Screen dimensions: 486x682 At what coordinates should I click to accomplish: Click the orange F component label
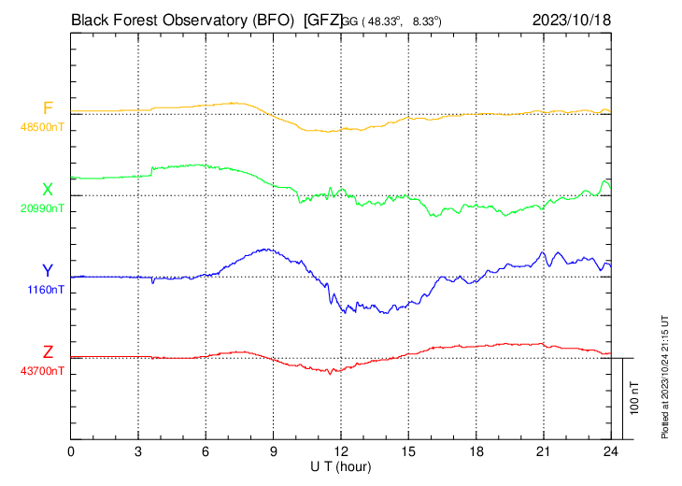[x=48, y=108]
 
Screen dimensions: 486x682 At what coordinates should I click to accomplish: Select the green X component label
[x=48, y=190]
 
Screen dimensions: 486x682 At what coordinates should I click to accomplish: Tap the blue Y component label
[x=48, y=271]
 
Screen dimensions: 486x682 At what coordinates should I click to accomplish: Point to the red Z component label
[x=48, y=352]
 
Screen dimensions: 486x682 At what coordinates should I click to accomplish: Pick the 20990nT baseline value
[x=43, y=207]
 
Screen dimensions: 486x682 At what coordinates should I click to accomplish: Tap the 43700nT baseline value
[x=43, y=371]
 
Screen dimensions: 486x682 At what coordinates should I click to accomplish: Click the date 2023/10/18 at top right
[x=572, y=19]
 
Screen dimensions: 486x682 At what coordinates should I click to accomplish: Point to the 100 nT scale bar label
[x=636, y=397]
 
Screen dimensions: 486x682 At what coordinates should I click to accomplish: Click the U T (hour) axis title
[x=342, y=465]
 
